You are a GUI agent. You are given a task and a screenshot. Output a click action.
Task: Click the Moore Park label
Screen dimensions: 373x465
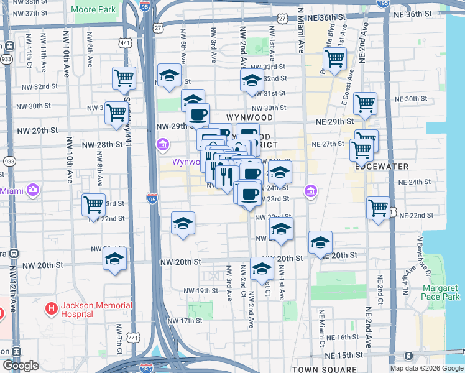94,10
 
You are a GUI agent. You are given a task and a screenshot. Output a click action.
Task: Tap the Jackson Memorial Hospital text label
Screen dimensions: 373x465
96,310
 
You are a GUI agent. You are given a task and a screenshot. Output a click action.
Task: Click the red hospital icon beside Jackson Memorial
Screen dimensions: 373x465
51,308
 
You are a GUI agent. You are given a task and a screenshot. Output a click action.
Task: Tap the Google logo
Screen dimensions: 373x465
21,366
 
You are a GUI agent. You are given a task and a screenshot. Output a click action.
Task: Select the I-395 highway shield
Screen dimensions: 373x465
146,367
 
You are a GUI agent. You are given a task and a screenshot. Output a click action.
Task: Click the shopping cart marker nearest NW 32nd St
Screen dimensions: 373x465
124,78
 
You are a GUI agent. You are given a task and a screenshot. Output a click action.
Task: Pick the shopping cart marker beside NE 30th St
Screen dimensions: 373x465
365,103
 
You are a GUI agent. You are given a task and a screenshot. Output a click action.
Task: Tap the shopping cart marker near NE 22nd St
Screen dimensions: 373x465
377,208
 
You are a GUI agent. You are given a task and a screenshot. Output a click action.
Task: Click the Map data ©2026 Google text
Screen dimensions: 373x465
426,368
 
